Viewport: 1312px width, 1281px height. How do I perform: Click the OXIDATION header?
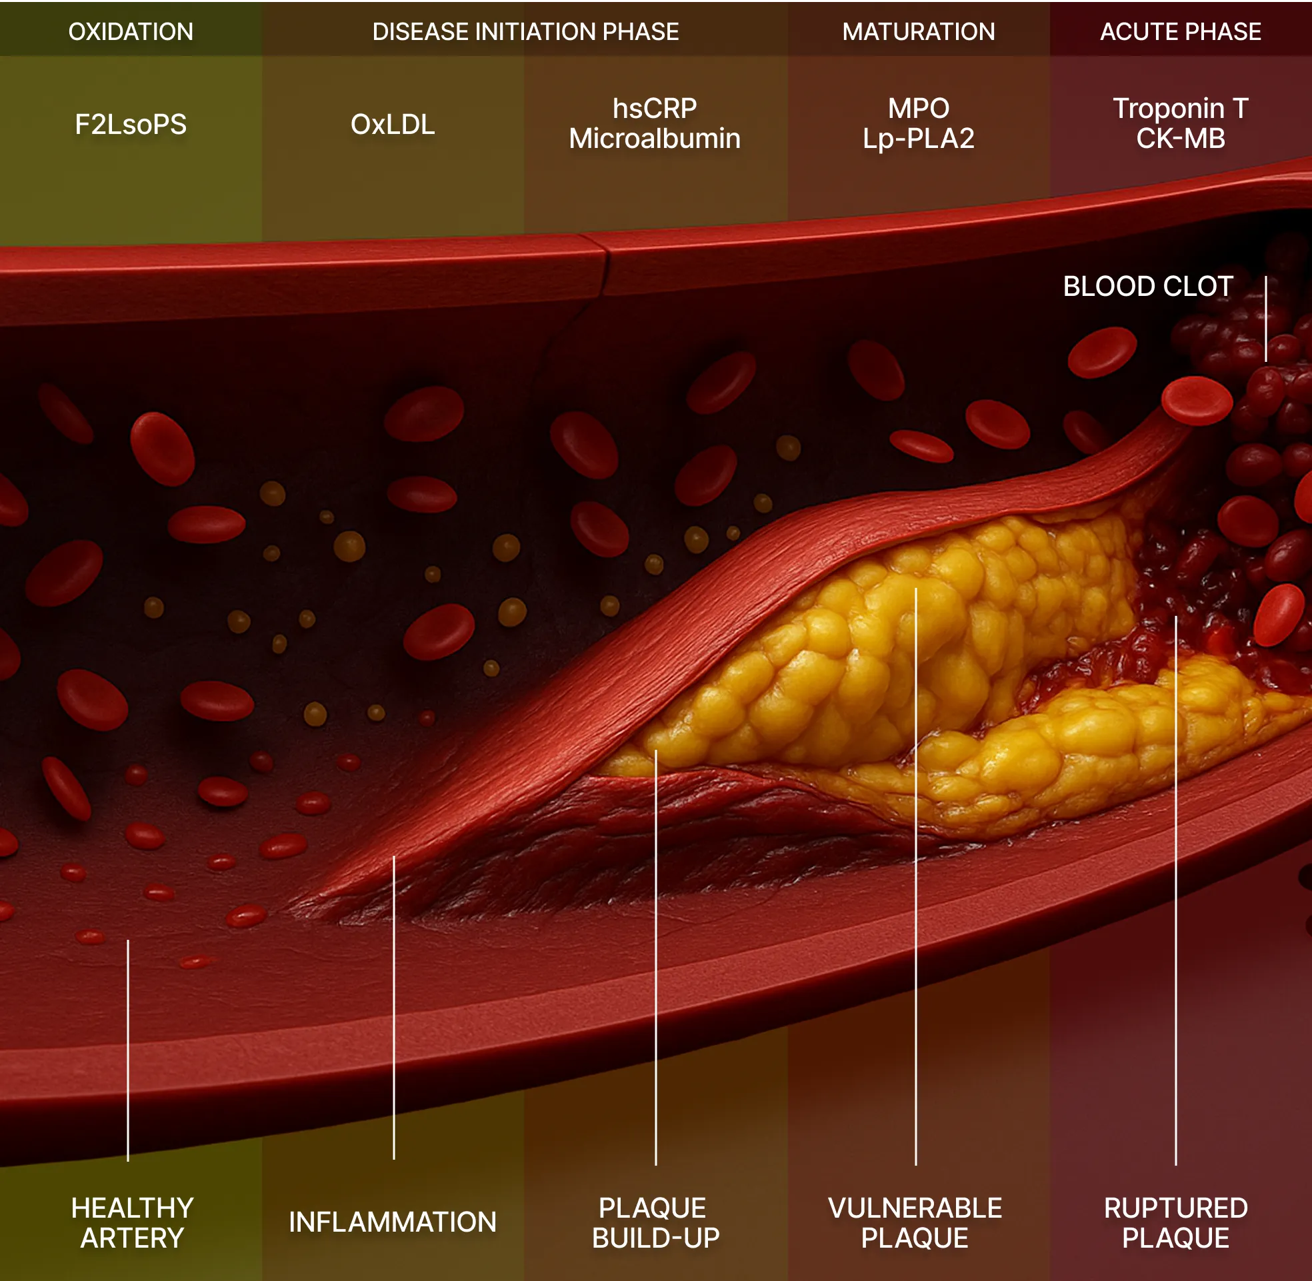click(x=131, y=31)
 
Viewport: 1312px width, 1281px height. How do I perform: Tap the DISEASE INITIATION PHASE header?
click(x=525, y=31)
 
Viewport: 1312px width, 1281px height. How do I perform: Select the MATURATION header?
click(x=919, y=31)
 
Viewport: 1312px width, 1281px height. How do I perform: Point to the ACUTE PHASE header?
click(x=1180, y=31)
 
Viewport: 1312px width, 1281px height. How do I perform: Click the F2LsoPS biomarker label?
click(x=131, y=125)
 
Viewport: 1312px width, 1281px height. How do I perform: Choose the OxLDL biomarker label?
click(x=393, y=125)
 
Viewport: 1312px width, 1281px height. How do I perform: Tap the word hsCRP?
click(x=655, y=109)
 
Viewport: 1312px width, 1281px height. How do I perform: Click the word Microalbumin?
click(x=655, y=139)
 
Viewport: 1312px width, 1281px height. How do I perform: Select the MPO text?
click(x=919, y=109)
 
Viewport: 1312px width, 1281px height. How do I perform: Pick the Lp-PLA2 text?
click(x=919, y=139)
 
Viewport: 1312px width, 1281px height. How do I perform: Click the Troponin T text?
click(x=1181, y=109)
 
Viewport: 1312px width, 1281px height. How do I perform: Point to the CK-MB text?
click(x=1181, y=139)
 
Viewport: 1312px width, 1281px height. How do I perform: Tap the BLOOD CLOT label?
click(x=1148, y=287)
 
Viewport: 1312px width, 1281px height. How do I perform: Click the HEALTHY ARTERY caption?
click(x=133, y=1223)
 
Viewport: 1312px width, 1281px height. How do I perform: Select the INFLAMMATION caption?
click(x=393, y=1222)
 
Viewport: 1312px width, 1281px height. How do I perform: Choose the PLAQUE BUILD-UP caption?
click(x=655, y=1223)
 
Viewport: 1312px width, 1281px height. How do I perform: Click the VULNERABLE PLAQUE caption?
click(x=915, y=1223)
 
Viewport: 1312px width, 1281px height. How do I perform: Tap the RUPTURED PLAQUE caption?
click(x=1176, y=1223)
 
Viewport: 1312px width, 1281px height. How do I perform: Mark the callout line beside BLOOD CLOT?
click(x=1265, y=319)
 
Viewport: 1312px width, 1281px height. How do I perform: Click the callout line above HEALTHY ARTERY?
click(x=128, y=1050)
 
